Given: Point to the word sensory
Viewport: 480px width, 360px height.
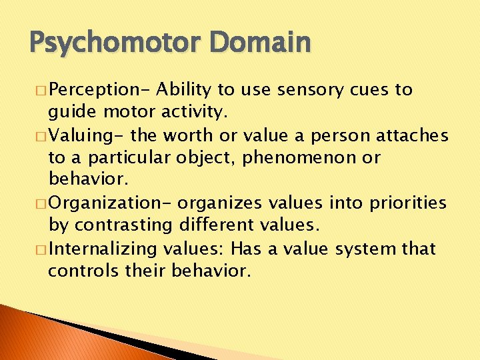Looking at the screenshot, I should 310,90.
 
